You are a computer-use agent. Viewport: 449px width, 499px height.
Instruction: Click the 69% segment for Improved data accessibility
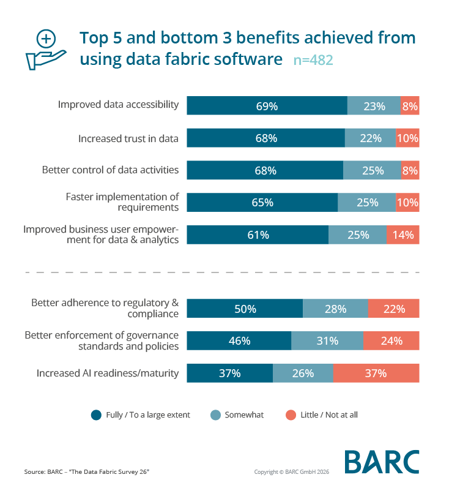(267, 106)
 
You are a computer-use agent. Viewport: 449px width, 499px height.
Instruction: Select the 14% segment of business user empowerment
(403, 234)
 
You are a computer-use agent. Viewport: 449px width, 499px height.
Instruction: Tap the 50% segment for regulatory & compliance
(245, 309)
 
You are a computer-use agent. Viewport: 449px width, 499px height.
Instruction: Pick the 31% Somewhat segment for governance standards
(327, 341)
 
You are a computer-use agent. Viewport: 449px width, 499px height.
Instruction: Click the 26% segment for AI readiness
(303, 373)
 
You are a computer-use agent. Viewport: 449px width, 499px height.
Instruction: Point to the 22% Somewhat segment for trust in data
(371, 138)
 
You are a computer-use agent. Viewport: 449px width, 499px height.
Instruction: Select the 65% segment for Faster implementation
(262, 203)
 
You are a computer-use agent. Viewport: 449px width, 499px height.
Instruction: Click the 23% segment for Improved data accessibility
(374, 106)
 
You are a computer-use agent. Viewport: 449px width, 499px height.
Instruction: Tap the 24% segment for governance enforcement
(391, 341)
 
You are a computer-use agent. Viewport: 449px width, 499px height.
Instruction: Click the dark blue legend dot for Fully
(96, 415)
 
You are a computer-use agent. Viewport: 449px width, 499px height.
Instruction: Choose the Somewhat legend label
(244, 415)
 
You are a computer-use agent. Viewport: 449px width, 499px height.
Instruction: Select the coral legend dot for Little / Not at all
(291, 415)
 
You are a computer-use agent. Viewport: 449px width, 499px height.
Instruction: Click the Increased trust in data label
(128, 138)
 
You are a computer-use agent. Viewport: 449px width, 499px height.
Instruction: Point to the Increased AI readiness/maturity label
(108, 373)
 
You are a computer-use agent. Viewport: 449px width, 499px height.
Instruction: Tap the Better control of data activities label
(110, 170)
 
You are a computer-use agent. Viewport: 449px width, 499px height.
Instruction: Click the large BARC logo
(382, 462)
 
